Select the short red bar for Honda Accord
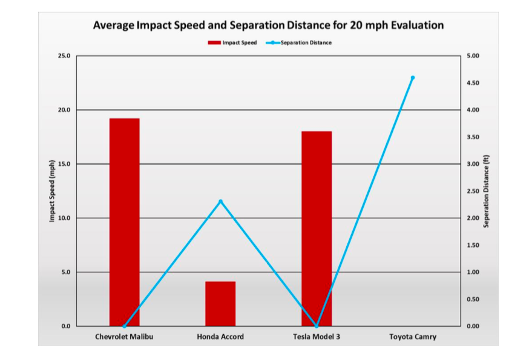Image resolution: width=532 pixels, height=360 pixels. tap(220, 304)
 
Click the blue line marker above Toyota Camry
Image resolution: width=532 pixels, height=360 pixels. tap(413, 77)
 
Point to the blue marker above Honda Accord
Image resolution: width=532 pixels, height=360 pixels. tap(220, 201)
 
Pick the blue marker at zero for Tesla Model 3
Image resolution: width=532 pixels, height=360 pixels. tap(317, 326)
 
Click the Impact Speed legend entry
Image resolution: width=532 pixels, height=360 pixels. tap(232, 43)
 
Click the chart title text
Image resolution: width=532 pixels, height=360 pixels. tap(268, 25)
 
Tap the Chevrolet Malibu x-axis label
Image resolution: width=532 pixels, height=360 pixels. tap(124, 336)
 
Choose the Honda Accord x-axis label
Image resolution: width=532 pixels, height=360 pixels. tap(220, 336)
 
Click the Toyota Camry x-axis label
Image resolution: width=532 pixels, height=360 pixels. tap(413, 336)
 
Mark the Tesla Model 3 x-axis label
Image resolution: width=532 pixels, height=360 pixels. tap(317, 336)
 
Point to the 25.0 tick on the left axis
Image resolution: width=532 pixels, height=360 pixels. tap(64, 56)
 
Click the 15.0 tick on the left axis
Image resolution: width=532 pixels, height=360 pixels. tap(64, 164)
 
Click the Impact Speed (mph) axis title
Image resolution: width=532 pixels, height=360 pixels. tap(52, 191)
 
